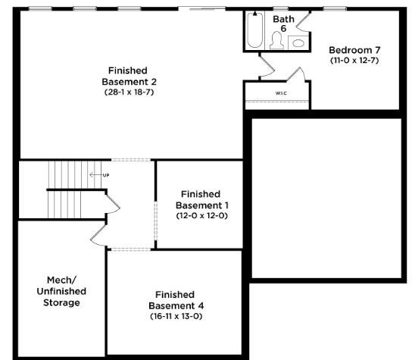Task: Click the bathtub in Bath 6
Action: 255,30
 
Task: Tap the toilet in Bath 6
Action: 276,40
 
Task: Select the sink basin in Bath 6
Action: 298,43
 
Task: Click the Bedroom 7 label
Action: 354,50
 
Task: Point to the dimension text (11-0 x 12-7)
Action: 354,60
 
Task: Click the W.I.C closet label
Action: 281,93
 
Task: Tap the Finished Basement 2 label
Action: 129,76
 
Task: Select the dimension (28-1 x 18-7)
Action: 129,92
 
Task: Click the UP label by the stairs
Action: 106,175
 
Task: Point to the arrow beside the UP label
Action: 95,174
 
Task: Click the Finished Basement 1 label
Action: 201,199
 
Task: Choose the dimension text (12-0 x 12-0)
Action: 201,216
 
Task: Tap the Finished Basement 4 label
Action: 176,300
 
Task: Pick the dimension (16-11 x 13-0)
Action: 176,316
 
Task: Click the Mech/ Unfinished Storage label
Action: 61,291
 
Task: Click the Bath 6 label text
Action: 283,23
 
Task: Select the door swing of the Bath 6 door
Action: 303,20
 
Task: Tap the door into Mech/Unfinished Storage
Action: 98,235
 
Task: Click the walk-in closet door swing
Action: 296,74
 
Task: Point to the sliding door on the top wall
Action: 201,8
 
